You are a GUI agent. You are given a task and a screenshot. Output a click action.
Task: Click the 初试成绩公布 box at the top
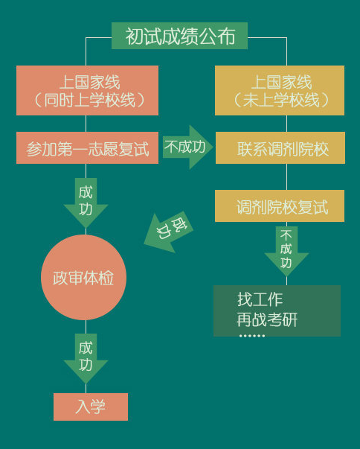coord(179,36)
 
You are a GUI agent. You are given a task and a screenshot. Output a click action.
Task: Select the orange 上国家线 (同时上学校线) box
coord(87,91)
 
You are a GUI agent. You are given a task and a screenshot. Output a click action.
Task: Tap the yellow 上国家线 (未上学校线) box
coord(280,91)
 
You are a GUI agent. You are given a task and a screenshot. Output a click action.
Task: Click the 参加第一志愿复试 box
coord(87,147)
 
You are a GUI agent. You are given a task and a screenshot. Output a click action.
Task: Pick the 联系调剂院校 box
coord(280,147)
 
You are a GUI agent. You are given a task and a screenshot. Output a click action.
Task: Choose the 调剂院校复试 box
coord(280,206)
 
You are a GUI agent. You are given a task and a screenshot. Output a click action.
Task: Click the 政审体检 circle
coord(83,277)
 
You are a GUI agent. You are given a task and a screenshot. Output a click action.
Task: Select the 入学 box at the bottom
coord(91,407)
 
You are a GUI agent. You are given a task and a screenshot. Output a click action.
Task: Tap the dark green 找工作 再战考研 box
coord(277,311)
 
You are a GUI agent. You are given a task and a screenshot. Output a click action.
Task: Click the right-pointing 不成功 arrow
coord(188,147)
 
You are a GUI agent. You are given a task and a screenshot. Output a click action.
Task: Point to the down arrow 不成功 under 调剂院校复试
coord(286,251)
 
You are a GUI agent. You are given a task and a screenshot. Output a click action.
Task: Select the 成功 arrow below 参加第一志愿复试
coord(86,203)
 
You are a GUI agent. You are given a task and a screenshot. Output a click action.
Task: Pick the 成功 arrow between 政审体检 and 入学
coord(86,358)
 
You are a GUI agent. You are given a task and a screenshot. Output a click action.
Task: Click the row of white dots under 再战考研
coord(252,336)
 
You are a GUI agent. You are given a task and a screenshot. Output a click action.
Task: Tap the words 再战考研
coord(267,319)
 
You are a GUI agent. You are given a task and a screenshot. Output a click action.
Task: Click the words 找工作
coord(260,299)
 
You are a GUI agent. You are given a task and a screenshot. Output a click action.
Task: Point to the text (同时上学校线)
coord(89,101)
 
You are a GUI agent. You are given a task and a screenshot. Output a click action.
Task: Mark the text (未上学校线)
coord(281,101)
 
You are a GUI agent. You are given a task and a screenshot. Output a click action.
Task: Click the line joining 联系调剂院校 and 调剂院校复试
coord(286,176)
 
